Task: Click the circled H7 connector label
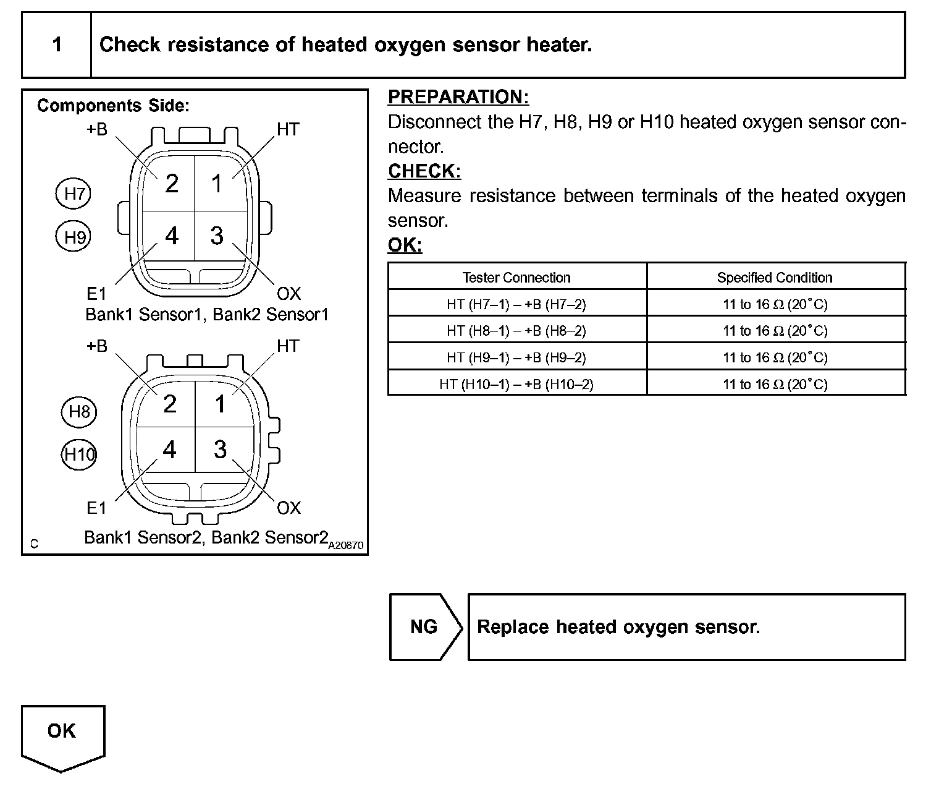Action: (x=74, y=194)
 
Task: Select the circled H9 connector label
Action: (x=74, y=237)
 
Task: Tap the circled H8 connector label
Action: (x=79, y=412)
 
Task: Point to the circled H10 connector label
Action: (x=79, y=455)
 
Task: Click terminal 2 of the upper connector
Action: (x=171, y=184)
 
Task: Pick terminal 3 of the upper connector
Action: (x=217, y=236)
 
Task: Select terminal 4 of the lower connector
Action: (x=170, y=450)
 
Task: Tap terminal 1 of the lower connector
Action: (x=221, y=404)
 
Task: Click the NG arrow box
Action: (x=424, y=627)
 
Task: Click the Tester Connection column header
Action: (x=516, y=278)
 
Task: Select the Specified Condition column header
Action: (x=775, y=278)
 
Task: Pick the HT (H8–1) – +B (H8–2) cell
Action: (x=516, y=331)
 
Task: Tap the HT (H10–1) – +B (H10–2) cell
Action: (x=516, y=384)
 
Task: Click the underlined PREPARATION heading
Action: (x=458, y=97)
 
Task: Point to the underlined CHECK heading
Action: (x=424, y=171)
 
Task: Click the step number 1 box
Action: (x=57, y=45)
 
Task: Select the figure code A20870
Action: (x=346, y=546)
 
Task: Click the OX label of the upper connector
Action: (x=288, y=293)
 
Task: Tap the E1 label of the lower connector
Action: (x=96, y=508)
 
